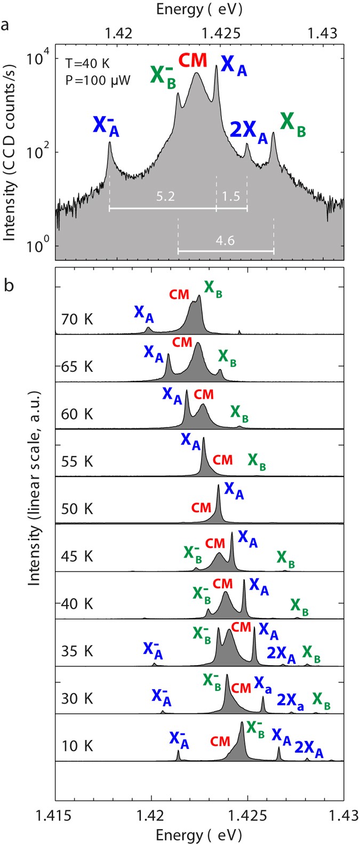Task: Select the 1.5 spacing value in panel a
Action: tap(231, 197)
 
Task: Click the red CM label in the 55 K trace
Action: tap(222, 459)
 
